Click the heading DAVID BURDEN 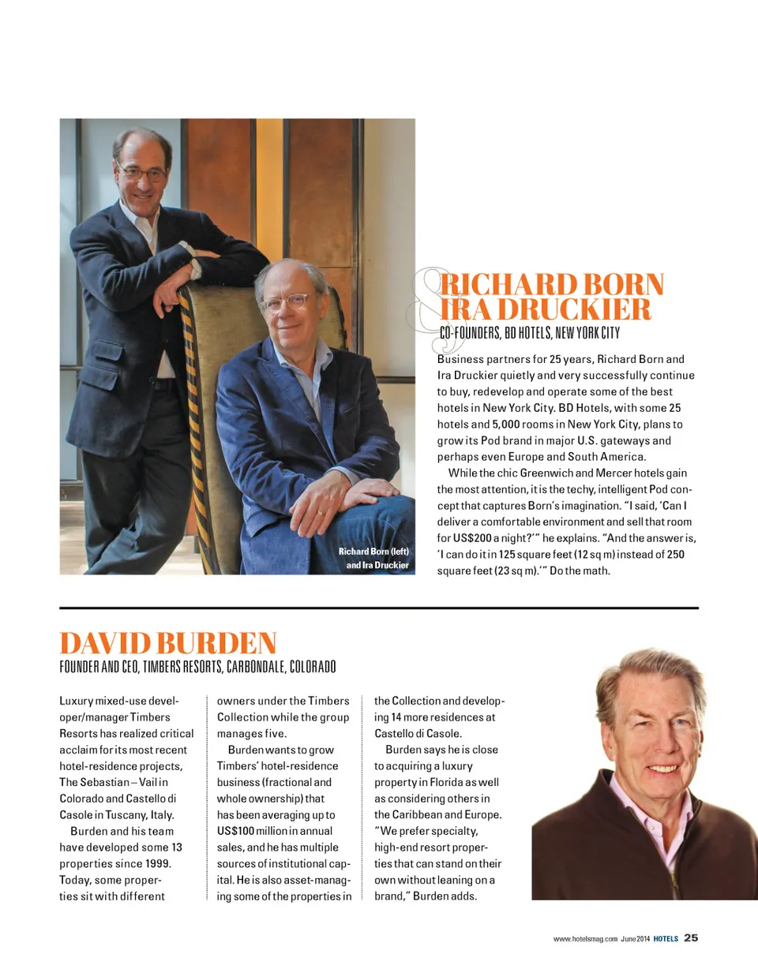(168, 642)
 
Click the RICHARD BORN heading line (552, 284)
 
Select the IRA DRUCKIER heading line (546, 309)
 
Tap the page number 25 (691, 938)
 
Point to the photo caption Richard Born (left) (373, 551)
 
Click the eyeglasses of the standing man (142, 173)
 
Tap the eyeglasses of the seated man (286, 303)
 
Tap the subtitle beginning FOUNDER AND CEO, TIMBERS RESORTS (198, 667)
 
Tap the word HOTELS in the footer (666, 939)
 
